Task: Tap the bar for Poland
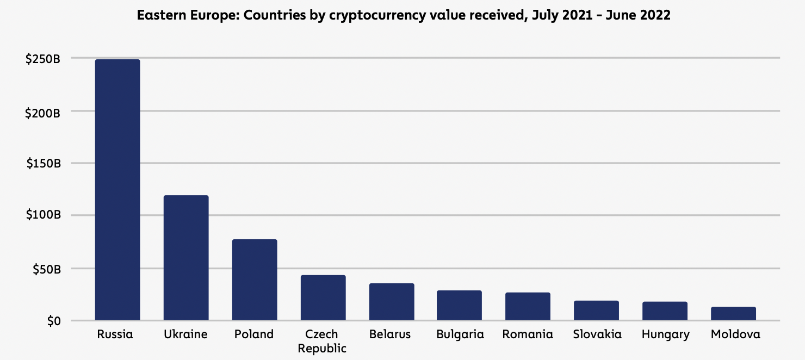coord(255,280)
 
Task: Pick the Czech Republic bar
coord(323,297)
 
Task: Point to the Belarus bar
coord(392,302)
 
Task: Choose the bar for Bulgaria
coord(460,305)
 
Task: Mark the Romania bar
coord(528,306)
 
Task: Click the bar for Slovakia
coord(596,311)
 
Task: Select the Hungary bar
coord(665,311)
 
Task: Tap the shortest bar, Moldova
coord(733,314)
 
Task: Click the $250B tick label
coord(42,59)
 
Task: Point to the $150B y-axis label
coord(42,164)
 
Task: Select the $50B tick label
coord(46,269)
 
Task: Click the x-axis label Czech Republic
coord(321,341)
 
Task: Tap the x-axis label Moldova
coord(735,334)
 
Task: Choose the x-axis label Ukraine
coord(185,334)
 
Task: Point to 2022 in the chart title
coord(655,15)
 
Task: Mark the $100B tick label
coord(42,216)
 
